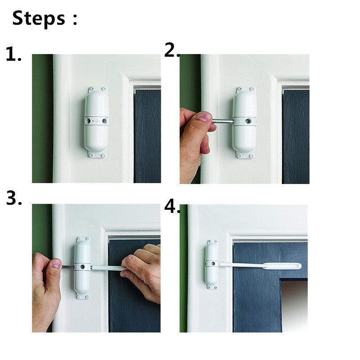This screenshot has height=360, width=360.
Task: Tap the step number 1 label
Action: (x=13, y=55)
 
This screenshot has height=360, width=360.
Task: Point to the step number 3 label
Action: (x=13, y=198)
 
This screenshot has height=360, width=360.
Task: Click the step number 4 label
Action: (x=171, y=207)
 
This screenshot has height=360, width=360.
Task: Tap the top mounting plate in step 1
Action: (x=97, y=89)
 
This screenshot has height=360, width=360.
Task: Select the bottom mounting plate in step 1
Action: (x=97, y=155)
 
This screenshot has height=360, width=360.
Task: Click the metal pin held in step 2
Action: (x=222, y=121)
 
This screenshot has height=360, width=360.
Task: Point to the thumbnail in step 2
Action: (x=204, y=117)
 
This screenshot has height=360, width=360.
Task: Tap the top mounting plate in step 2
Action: (x=245, y=90)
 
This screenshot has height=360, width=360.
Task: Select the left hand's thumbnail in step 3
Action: (x=56, y=264)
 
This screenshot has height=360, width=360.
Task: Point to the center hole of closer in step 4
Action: (x=212, y=263)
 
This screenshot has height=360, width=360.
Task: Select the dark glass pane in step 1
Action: (x=147, y=135)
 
